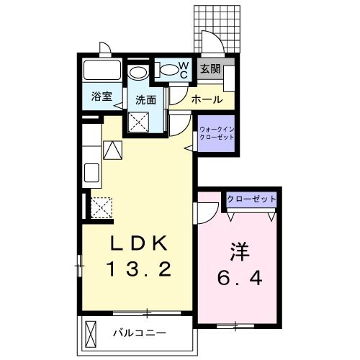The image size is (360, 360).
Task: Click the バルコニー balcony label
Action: point(140,333)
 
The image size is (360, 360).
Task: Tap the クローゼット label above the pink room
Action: point(251,198)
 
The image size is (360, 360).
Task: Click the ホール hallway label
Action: point(207,99)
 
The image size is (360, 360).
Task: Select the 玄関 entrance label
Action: point(210,69)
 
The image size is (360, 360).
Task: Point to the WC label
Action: point(183,71)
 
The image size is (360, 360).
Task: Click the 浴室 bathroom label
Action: point(101,97)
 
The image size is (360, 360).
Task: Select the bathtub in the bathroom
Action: point(102,71)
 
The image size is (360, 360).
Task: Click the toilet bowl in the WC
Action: point(167,70)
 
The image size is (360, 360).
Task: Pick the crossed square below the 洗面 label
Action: point(138,122)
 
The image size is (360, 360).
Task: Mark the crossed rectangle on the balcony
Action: point(91,333)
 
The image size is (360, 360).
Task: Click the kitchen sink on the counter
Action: point(92,173)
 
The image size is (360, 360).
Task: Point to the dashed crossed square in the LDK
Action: point(100,207)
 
